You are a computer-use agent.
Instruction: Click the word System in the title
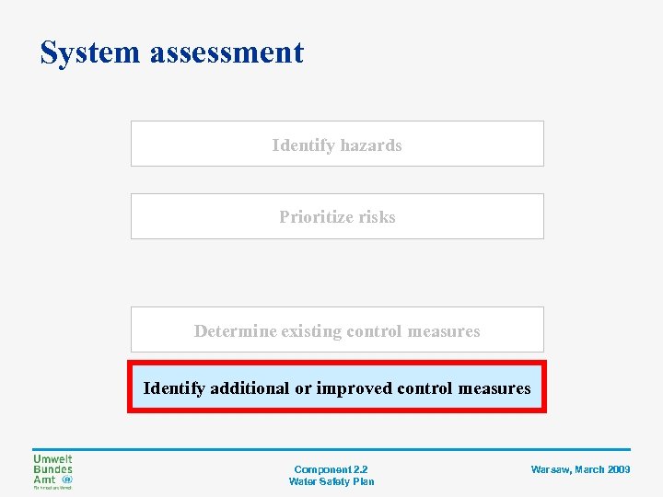(x=89, y=52)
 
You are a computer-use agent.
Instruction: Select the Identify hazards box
(x=337, y=144)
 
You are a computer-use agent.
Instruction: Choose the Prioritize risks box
(x=337, y=217)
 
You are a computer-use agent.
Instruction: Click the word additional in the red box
(x=250, y=388)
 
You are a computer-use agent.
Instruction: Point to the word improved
(x=355, y=388)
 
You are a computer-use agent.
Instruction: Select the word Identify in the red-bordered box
(x=174, y=388)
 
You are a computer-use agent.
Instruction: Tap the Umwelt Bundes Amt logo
(x=53, y=471)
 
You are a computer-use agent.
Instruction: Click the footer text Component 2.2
(x=331, y=469)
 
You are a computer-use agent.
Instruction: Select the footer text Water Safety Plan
(x=331, y=481)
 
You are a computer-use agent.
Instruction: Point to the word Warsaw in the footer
(x=551, y=469)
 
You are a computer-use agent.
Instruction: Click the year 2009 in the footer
(x=619, y=469)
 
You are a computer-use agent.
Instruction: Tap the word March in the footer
(x=589, y=469)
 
